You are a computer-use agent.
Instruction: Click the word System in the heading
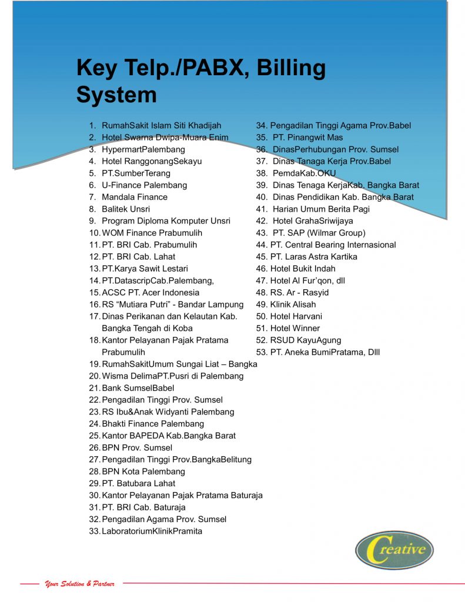point(116,95)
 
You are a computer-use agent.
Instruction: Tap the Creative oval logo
point(394,550)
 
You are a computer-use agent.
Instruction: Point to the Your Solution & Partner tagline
point(79,584)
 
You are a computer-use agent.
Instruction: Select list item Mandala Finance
point(134,197)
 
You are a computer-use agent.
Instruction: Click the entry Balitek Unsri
point(126,209)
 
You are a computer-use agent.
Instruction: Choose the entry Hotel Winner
point(295,328)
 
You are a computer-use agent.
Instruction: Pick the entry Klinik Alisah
point(292,305)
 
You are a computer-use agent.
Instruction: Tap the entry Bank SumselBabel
point(138,388)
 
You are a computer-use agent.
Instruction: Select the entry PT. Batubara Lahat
point(138,483)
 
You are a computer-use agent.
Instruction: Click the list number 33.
point(94,531)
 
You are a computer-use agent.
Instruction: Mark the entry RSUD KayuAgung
point(305,340)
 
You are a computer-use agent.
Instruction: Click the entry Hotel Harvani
point(296,316)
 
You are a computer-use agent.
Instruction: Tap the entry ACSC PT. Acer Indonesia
point(150,292)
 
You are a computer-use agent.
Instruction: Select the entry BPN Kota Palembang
point(143,471)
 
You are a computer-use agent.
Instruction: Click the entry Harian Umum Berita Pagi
point(321,209)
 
